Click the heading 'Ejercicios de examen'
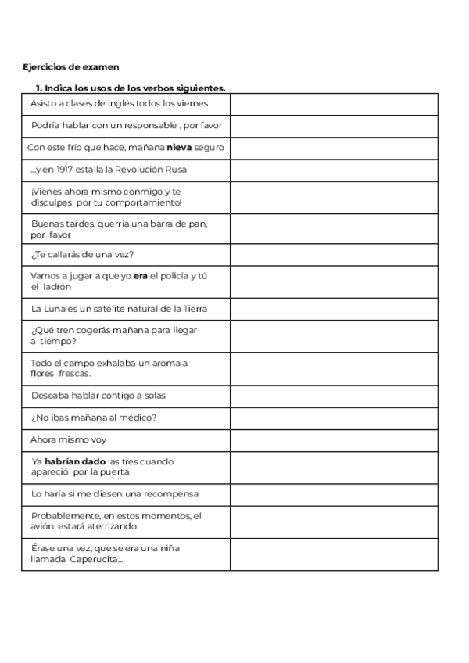point(71,67)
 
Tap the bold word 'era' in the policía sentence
point(141,275)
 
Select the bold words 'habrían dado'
point(75,461)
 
